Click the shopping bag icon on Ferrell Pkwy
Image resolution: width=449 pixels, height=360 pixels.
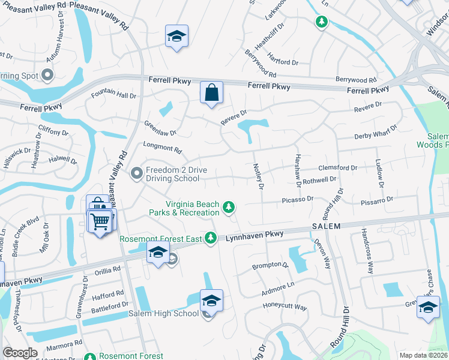211,93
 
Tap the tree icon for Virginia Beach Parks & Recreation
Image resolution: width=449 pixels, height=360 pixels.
228,207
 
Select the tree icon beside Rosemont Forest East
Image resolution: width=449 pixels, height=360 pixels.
210,238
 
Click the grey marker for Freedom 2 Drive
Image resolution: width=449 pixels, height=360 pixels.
137,174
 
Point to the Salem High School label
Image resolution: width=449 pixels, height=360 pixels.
163,313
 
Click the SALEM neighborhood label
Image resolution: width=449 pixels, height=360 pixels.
326,226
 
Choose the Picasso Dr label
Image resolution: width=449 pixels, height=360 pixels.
297,199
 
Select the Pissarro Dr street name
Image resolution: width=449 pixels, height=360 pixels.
377,199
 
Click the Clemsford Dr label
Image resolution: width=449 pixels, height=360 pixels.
339,168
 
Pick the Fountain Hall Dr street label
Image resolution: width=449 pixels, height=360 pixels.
113,95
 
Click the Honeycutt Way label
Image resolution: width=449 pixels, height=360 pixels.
285,307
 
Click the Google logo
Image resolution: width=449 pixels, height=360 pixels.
20,353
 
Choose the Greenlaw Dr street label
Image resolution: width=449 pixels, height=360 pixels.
160,128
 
